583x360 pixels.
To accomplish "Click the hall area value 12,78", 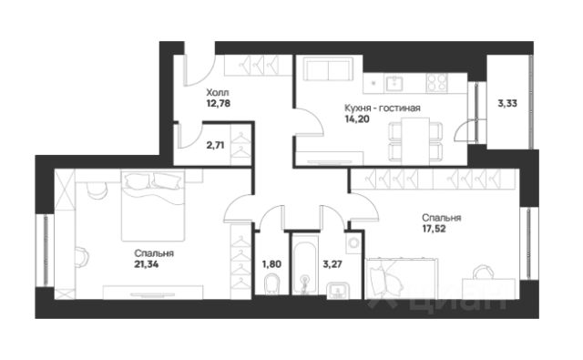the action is pos(218,103).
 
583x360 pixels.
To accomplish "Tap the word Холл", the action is pos(218,92).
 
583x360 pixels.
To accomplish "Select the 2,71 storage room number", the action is pos(215,145).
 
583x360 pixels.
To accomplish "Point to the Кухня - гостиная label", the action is pos(383,108).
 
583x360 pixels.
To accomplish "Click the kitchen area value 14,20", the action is pos(357,119).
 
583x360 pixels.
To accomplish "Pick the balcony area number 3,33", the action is pos(507,103).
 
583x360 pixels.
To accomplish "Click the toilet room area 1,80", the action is pos(271,264).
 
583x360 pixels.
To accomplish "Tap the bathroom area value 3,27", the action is pos(332,264).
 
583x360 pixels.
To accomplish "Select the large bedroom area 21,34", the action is pos(147,264).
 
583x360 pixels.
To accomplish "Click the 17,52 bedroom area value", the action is pos(434,229).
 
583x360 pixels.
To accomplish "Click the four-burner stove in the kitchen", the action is pos(437,83).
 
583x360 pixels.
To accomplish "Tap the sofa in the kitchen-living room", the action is pos(328,69).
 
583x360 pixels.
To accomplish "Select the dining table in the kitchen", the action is pos(415,141).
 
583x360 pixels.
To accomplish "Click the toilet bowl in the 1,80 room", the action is pos(271,284).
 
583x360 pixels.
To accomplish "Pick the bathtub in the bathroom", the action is pos(305,268).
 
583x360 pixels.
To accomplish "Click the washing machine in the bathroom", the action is pos(353,243).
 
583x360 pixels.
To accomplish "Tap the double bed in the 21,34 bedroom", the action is pos(153,205).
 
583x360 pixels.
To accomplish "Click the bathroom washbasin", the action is pos(338,291).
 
